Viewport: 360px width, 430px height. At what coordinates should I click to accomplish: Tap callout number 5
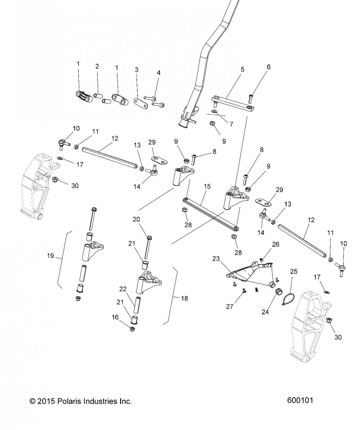coord(242,70)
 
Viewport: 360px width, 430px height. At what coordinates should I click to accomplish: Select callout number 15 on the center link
coord(207,186)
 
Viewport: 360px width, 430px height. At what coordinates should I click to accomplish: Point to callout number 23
coord(216,258)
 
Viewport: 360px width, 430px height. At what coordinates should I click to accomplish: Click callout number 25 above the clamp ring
coord(294,271)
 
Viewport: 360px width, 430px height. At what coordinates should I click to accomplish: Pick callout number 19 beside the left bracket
coord(51,256)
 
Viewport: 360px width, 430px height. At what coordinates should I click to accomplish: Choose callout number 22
coord(123,289)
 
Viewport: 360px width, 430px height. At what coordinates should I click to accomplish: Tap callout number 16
coord(115,317)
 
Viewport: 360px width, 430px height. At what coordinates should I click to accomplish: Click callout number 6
coord(268,67)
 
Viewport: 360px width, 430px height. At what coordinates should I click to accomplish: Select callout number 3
coord(137,70)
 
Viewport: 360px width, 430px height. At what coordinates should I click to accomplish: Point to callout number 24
coord(265,312)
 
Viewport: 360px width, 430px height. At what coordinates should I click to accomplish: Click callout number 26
coord(275,244)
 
